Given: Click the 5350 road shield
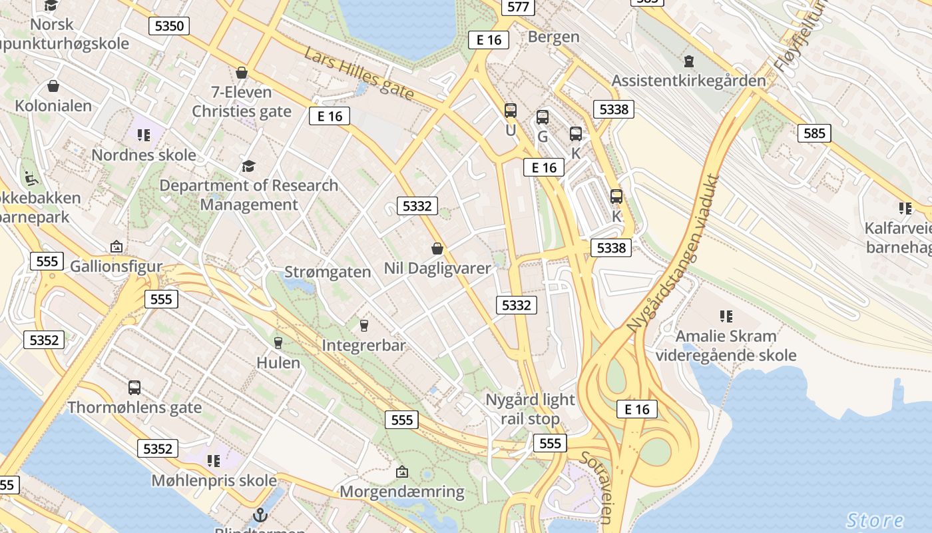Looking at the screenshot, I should pyautogui.click(x=168, y=26).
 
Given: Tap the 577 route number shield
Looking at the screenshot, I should pyautogui.click(x=517, y=7).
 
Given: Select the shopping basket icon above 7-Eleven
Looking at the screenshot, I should pyautogui.click(x=242, y=72).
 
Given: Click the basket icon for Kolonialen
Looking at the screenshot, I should pyautogui.click(x=53, y=86).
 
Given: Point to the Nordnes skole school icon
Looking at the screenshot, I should pyautogui.click(x=144, y=135).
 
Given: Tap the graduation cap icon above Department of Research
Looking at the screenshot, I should pyautogui.click(x=248, y=166).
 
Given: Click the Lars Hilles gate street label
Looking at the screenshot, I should pyautogui.click(x=359, y=73).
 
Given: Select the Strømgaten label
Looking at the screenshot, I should pyautogui.click(x=328, y=272).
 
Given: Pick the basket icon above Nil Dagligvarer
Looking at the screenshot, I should pyautogui.click(x=437, y=249).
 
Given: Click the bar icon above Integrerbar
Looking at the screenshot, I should pyautogui.click(x=363, y=325).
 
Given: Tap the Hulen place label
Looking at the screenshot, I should pyautogui.click(x=278, y=363).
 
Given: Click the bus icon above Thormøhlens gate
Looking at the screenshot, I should pyautogui.click(x=134, y=387).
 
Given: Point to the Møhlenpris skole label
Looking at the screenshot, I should pyautogui.click(x=214, y=480).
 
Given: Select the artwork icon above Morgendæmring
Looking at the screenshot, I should pyautogui.click(x=401, y=472).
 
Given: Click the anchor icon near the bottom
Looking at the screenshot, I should pyautogui.click(x=260, y=514).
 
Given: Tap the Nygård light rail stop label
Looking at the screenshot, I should pyautogui.click(x=530, y=409).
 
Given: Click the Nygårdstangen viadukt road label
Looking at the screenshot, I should pyautogui.click(x=673, y=253).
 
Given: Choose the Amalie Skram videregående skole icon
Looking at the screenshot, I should pyautogui.click(x=726, y=316).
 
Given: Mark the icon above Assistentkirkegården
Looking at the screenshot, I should pyautogui.click(x=689, y=61).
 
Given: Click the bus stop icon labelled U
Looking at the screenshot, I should pyautogui.click(x=511, y=111).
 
